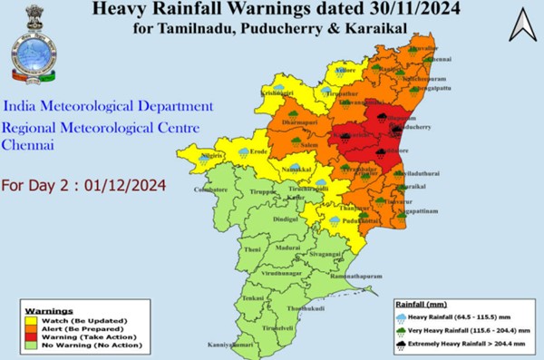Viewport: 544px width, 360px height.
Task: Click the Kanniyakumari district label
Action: [232, 345]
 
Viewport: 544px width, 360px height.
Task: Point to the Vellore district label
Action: [338, 70]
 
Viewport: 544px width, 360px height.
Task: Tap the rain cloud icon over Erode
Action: [245, 153]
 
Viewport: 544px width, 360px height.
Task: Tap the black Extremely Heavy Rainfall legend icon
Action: [402, 345]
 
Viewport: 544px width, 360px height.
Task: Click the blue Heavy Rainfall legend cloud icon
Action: [402, 317]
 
